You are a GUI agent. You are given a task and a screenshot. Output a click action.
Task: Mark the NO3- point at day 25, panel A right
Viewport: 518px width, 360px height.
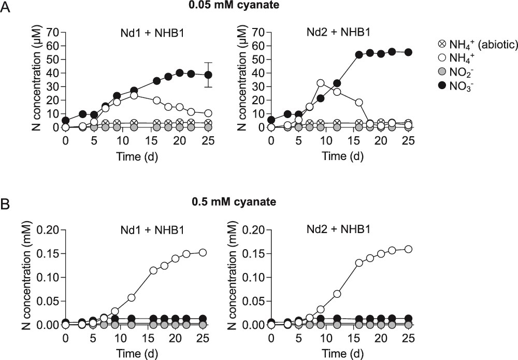click(x=407, y=52)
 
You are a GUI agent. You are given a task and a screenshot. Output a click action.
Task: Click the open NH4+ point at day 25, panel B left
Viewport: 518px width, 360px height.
click(x=203, y=253)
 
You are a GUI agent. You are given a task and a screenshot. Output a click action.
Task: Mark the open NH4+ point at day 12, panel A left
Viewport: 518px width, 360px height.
click(x=134, y=95)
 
